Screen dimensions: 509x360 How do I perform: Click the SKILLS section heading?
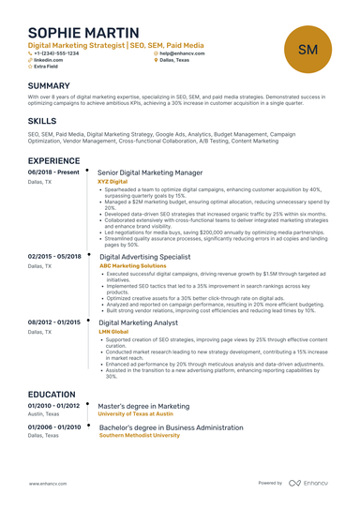[42, 122]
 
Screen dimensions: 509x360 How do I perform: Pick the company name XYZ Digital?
[112, 182]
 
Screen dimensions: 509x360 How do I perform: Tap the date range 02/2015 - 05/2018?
[54, 256]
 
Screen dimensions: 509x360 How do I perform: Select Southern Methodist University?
[139, 435]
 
